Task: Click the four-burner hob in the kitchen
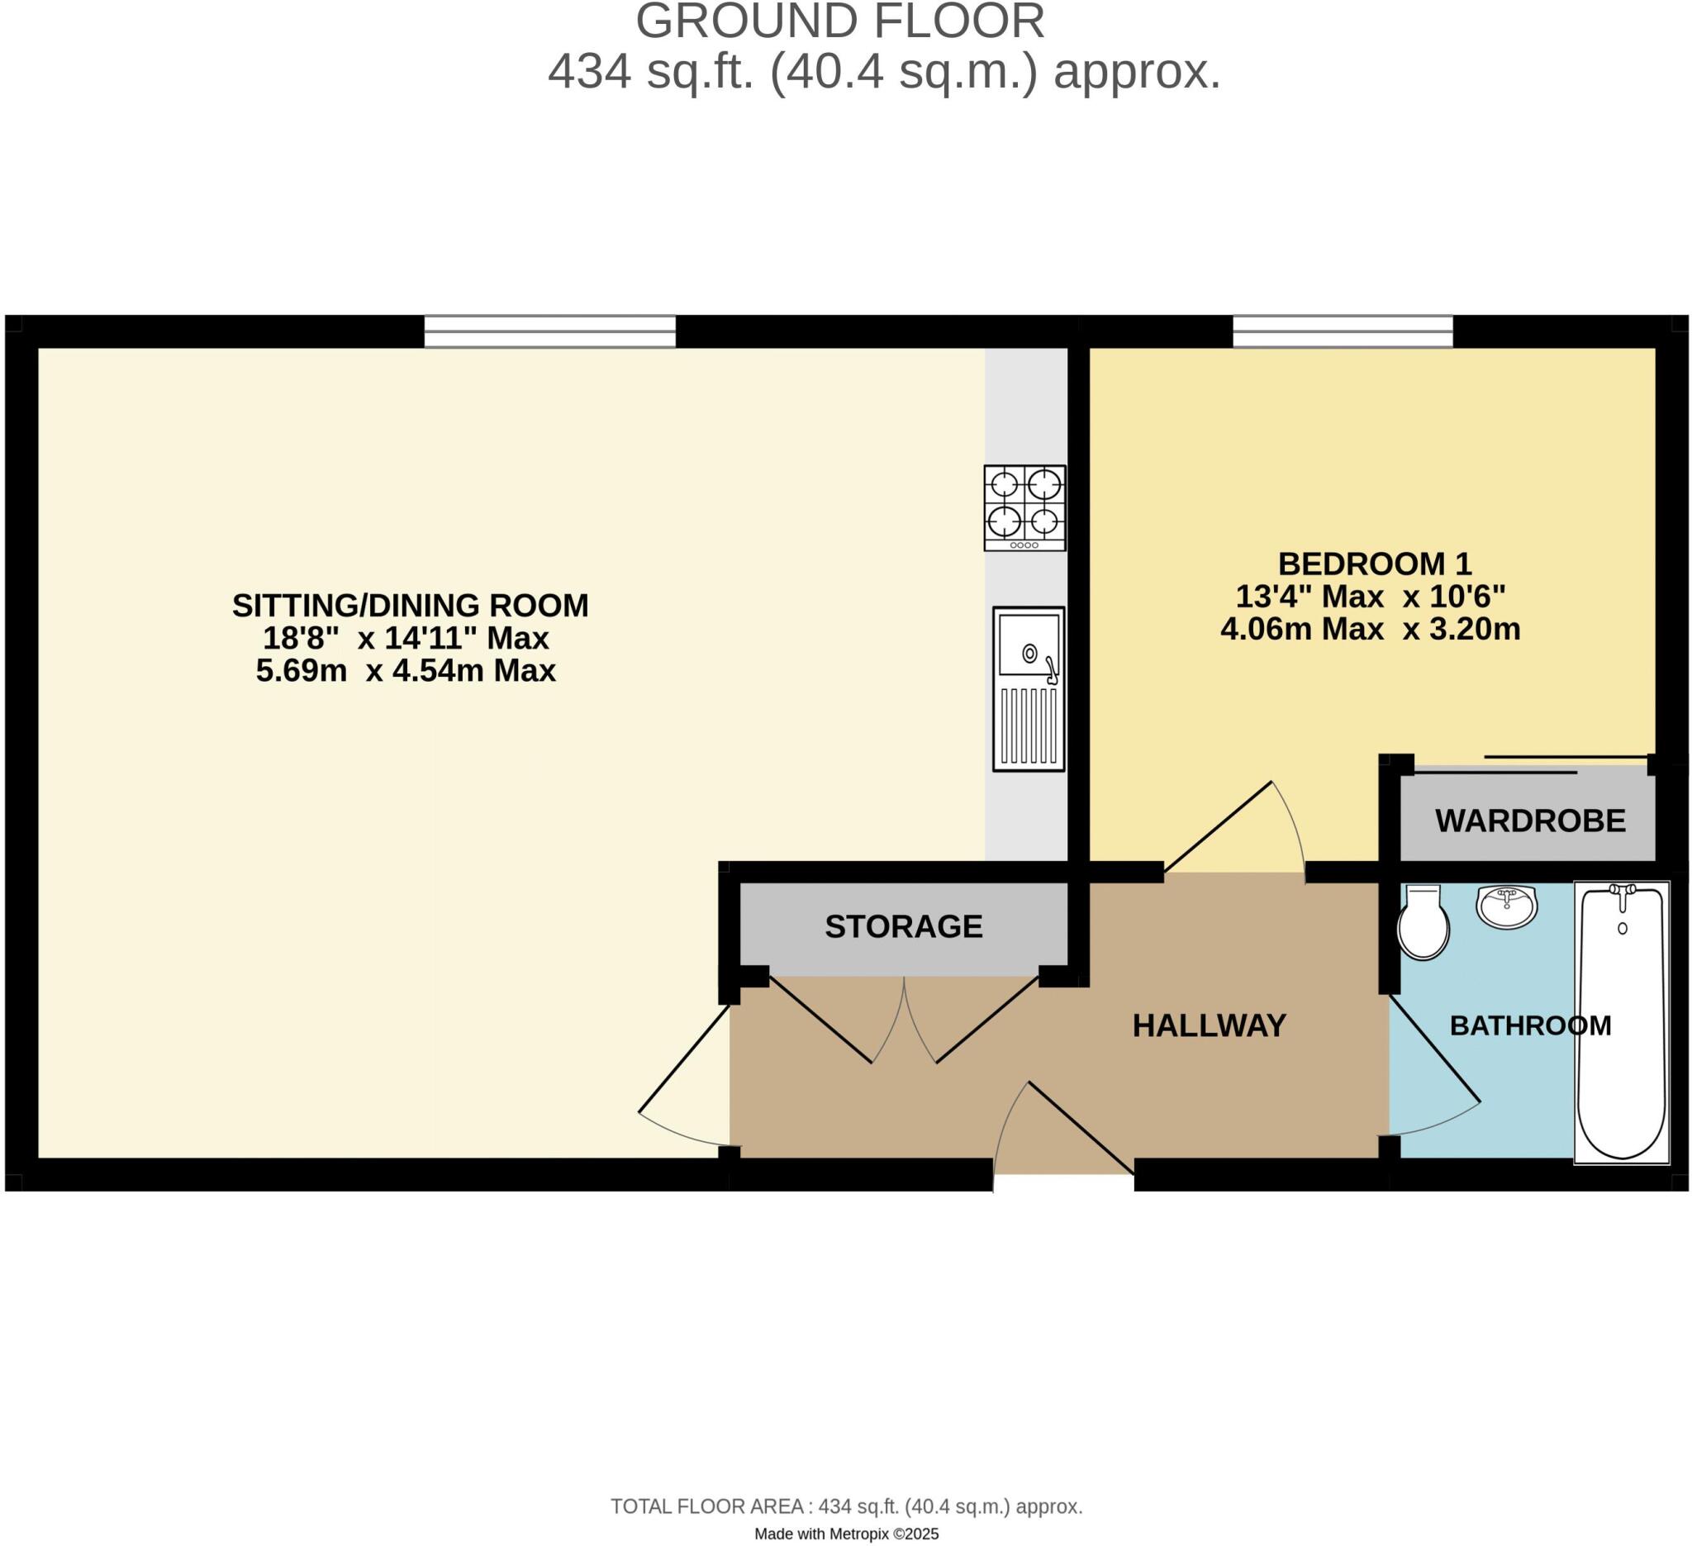[x=1024, y=508]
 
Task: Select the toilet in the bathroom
[x=1423, y=922]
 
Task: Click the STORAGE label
[x=903, y=926]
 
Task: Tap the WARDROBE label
[x=1530, y=821]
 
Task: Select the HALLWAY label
[x=1209, y=1025]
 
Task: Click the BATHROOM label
[x=1530, y=1025]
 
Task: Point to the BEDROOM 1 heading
[x=1375, y=564]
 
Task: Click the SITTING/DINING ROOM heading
[x=410, y=605]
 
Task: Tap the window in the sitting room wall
[x=549, y=331]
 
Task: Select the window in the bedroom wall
[x=1342, y=331]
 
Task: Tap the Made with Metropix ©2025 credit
[x=846, y=1534]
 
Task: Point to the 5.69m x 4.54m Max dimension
[x=406, y=672]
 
